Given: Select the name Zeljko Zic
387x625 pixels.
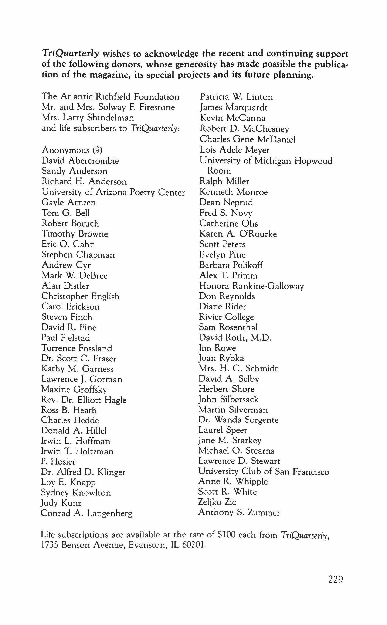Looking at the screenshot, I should click(217, 502).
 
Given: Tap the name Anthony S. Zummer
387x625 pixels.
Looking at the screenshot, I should click(239, 512).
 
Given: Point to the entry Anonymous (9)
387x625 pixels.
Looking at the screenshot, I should click(72, 150).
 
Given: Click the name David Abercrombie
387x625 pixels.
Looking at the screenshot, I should click(80, 161).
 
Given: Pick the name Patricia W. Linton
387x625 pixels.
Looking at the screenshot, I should click(236, 97).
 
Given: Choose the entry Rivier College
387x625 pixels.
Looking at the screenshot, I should click(226, 317).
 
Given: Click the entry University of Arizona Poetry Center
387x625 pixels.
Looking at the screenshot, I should click(113, 192).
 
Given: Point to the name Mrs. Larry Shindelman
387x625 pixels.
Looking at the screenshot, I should click(88, 118).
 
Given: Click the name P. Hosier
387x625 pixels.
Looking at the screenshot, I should click(58, 461).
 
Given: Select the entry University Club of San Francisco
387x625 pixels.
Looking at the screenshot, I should click(264, 471).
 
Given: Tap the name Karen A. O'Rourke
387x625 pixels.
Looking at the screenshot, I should click(238, 234).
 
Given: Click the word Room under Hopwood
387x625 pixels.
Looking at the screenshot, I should click(219, 171).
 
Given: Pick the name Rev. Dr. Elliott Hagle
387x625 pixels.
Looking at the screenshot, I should click(84, 400).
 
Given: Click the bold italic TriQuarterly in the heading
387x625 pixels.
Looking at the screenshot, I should click(70, 54).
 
